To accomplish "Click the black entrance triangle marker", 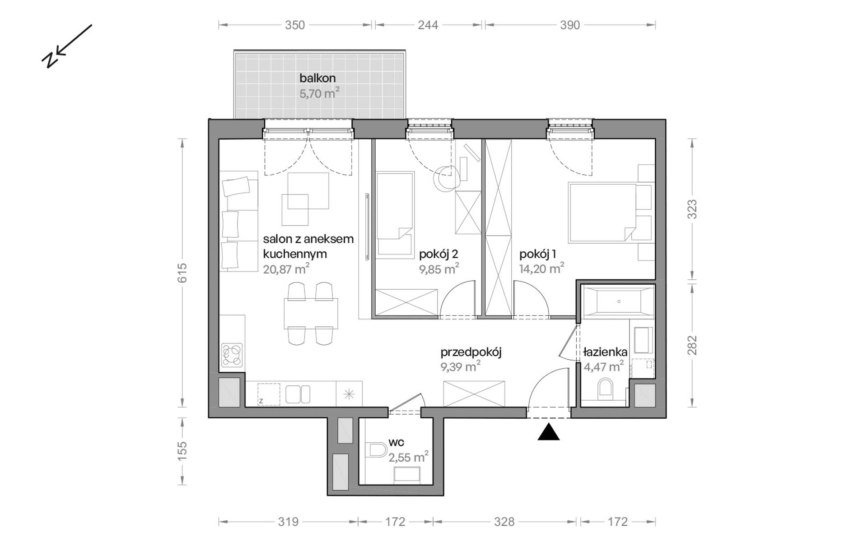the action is coord(549,432).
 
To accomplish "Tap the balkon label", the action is coord(317,78).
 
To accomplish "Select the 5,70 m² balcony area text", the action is coord(319,93).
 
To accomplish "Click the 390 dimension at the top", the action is coord(570,25).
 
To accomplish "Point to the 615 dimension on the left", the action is coord(182,273).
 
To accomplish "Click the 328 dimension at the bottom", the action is coord(504,522).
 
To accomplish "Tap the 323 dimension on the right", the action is coord(692,209).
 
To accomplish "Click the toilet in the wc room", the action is coord(378,450).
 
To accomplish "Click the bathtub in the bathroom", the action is coord(618,301).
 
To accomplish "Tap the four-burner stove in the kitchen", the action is coord(232,355).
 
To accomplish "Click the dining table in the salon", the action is coord(311,314).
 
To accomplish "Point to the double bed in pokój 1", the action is coord(603,213).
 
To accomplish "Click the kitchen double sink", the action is coord(298,394).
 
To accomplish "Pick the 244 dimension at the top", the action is coord(428,25).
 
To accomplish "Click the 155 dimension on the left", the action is coord(182,451).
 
